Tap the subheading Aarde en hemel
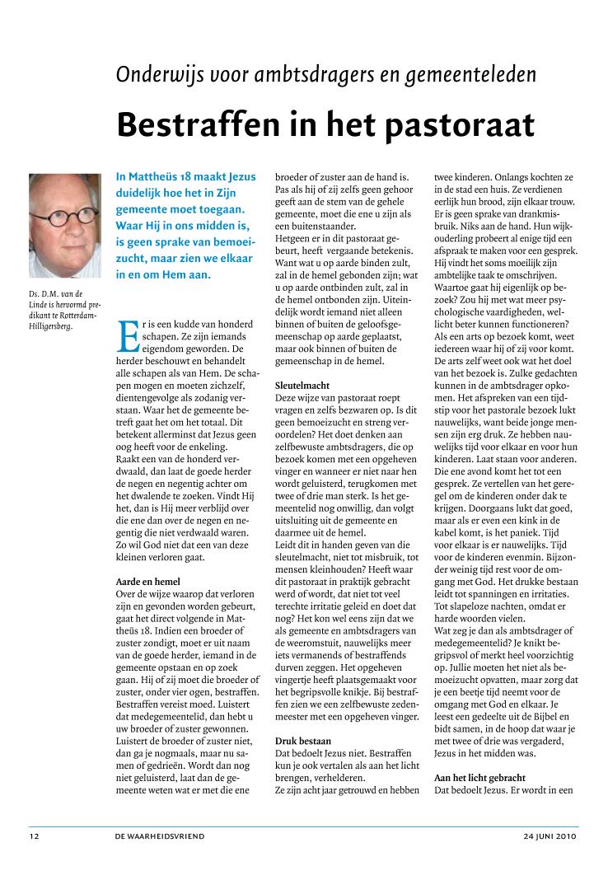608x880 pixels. [x=148, y=582]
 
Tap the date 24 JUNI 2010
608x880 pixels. [x=550, y=836]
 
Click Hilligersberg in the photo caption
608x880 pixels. [x=49, y=325]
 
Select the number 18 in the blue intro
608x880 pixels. [x=194, y=176]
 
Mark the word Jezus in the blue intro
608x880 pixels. [x=240, y=176]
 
